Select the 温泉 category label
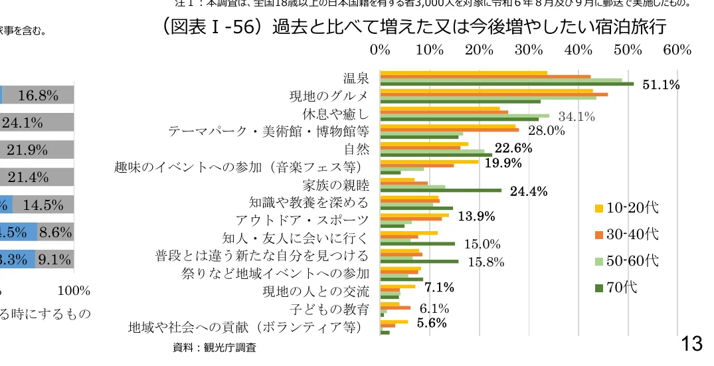[x=356, y=79]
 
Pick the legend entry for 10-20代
[x=628, y=208]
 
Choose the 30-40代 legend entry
[x=628, y=234]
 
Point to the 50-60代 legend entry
[x=628, y=261]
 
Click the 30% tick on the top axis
[x=528, y=50]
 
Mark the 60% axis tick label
[x=677, y=50]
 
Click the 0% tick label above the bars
[x=380, y=50]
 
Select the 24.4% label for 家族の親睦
[x=528, y=192]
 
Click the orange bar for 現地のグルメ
[x=493, y=95]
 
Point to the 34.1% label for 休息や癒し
[x=576, y=117]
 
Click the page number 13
[x=691, y=343]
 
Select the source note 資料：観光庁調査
[x=214, y=347]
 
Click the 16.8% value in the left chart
[x=38, y=95]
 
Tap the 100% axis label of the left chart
[x=74, y=291]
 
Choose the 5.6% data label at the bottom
[x=432, y=323]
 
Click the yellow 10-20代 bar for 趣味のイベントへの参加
[x=429, y=161]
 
